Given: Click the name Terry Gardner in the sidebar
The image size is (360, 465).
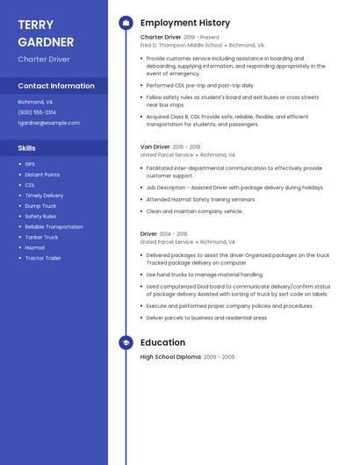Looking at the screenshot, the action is pos(46,33).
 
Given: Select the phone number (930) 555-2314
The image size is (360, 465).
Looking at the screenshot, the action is pos(37,112).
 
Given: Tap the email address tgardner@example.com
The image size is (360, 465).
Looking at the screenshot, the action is pos(48,123).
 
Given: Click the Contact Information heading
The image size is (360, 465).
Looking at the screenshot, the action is pos(56,86).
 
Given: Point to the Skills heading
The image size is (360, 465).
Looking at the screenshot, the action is pos(27,148).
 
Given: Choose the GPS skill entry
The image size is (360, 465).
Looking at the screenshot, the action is pos(30,164).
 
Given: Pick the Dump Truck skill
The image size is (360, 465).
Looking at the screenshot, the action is pos(41,205).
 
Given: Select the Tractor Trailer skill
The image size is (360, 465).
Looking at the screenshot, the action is pos(43,258).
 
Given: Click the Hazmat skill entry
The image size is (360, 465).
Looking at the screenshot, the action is pos(34,247).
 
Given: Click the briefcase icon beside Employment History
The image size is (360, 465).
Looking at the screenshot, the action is pos(126,23).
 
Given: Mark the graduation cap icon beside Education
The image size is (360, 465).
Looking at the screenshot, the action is pos(126,342).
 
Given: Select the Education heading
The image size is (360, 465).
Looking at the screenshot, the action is pos(162,342).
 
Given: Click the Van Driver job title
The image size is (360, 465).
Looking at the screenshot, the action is pos(155,147).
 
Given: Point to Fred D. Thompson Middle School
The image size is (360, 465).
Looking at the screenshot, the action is pos(181,45).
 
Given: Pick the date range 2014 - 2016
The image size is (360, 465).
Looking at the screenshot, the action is pos(174,234).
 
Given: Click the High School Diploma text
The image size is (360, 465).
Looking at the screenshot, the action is pos(170,357).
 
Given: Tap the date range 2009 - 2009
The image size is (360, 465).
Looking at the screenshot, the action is pos(219,357).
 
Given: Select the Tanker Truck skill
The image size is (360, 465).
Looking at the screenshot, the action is pos(41,237).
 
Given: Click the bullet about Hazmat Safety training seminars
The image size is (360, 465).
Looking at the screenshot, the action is pos(200,199).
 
